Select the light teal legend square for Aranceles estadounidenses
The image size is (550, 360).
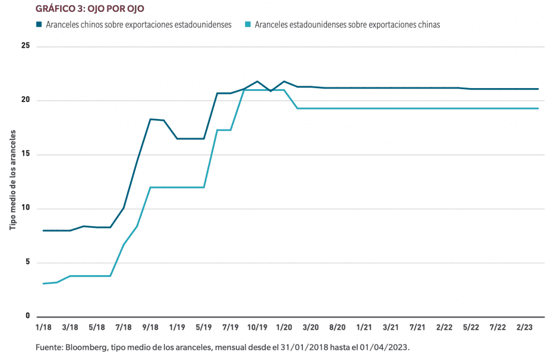(248, 24)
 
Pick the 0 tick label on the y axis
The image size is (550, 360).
(27, 316)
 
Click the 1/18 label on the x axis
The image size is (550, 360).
(43, 327)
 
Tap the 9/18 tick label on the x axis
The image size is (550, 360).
(150, 327)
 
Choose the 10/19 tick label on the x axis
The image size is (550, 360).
(257, 327)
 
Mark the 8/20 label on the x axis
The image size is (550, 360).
(337, 327)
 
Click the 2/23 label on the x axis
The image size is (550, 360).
(525, 327)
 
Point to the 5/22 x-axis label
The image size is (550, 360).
(471, 327)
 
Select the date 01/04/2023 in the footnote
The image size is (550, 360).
(383, 347)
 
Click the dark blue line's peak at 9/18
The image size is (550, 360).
(150, 119)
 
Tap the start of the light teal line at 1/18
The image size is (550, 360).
(43, 283)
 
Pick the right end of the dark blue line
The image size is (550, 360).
(538, 89)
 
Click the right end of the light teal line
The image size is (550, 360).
(538, 109)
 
